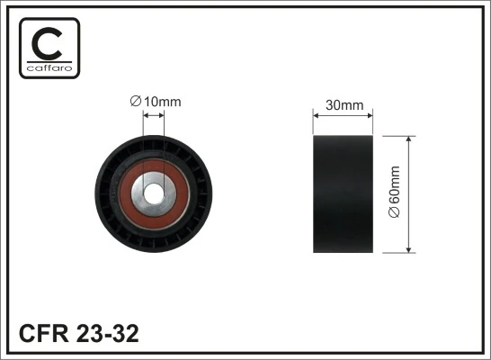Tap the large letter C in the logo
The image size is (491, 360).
click(49, 40)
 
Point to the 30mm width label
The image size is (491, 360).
click(343, 104)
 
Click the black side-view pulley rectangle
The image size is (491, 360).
click(343, 193)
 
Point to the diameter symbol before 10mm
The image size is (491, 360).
click(136, 102)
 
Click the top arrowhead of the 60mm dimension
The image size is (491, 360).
click(410, 139)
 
